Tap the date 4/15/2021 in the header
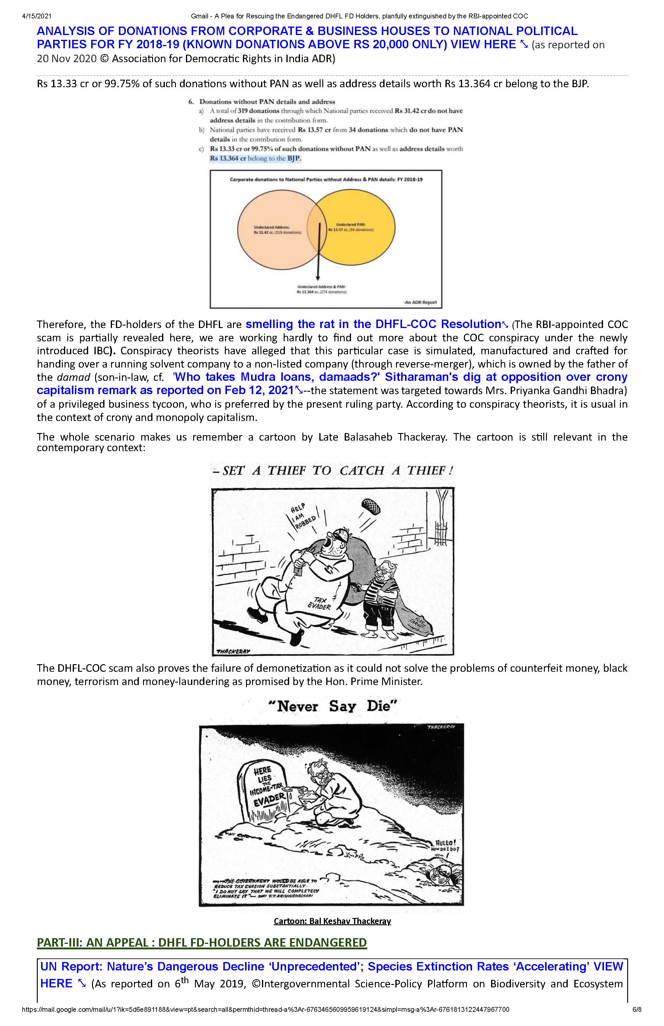click(37, 16)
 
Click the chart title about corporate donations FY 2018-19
click(326, 179)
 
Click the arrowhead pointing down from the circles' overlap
click(318, 277)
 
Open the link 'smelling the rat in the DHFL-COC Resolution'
click(373, 324)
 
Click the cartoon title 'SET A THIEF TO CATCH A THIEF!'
click(333, 470)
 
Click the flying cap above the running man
click(371, 507)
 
